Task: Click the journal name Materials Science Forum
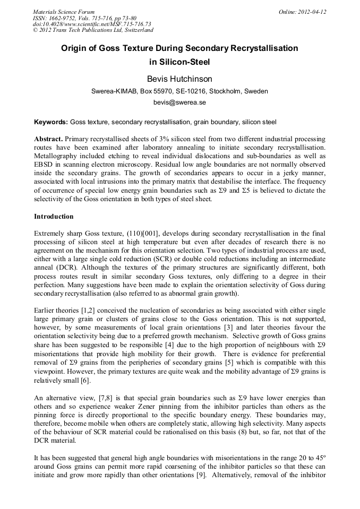(x=64, y=12)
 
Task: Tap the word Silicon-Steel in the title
(x=179, y=62)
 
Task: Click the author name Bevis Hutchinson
(x=179, y=79)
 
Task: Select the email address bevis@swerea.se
(x=179, y=102)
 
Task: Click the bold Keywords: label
(x=51, y=122)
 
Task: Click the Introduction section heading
(x=54, y=217)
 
